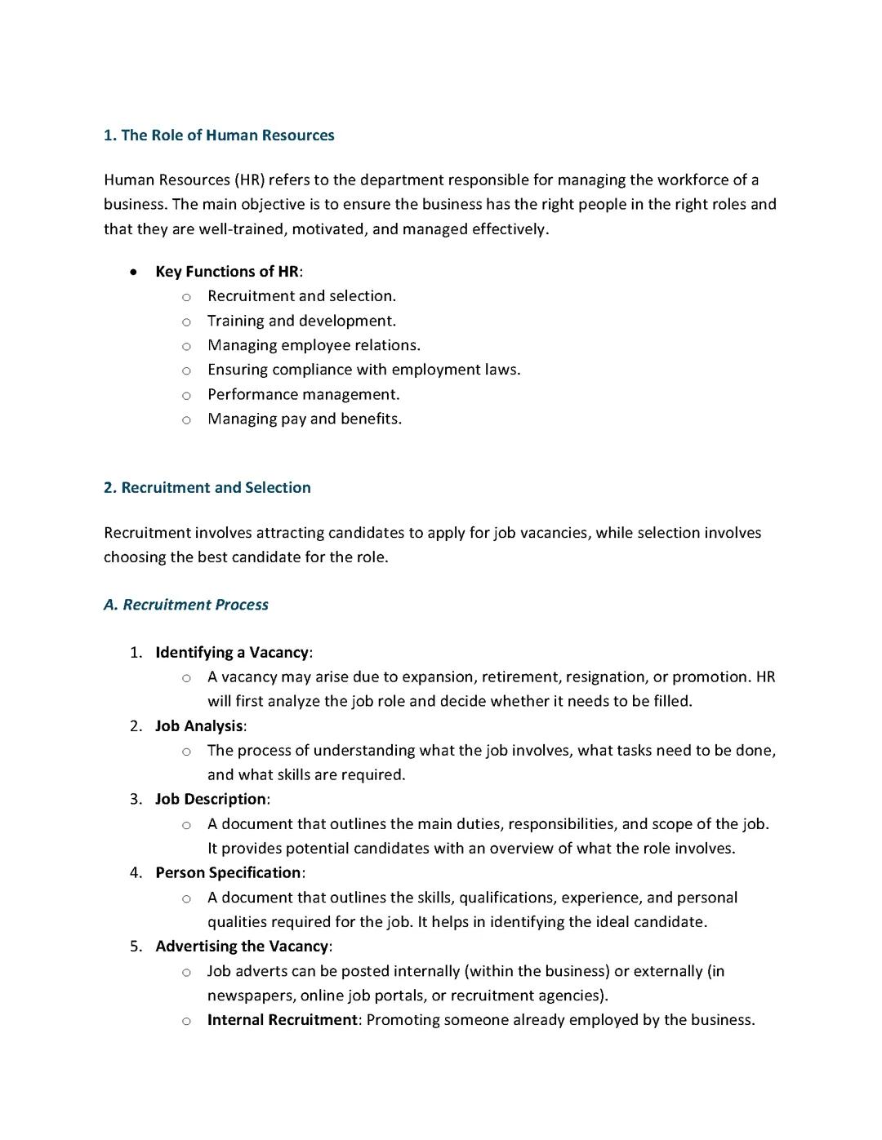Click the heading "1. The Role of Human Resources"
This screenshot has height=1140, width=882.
[219, 135]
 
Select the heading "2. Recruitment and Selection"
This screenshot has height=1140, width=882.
[207, 488]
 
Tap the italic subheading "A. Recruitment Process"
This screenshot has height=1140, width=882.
[185, 605]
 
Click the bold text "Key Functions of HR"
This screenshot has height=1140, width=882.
[227, 272]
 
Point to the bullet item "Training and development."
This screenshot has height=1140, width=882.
[301, 321]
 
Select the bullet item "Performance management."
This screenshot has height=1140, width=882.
[303, 395]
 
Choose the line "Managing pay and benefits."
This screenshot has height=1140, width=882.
[304, 419]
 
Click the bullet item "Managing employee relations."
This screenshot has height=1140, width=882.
[314, 345]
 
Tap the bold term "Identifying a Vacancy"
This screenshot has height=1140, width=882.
[232, 653]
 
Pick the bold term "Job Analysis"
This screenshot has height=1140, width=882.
[199, 726]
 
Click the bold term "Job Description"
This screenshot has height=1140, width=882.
[211, 800]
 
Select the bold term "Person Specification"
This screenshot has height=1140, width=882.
[228, 873]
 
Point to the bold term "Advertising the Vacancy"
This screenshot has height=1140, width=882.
[242, 947]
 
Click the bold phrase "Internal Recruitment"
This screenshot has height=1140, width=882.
[282, 1020]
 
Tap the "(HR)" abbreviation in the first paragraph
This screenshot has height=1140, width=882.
[249, 180]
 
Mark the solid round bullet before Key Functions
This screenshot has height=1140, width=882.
[134, 273]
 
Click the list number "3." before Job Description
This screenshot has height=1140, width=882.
[136, 800]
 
